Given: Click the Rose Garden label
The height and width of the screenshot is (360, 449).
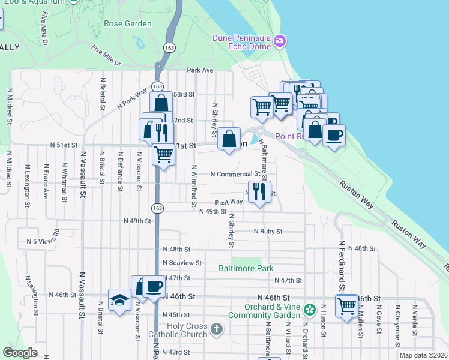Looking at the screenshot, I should (x=127, y=24).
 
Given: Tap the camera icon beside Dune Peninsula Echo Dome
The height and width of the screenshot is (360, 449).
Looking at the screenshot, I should (x=279, y=41).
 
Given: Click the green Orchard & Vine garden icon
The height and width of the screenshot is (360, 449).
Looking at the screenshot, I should (x=309, y=310).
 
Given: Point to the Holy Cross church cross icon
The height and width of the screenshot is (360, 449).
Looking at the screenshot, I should (x=216, y=329).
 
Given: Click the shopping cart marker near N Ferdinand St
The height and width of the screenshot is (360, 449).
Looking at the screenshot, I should (x=347, y=307).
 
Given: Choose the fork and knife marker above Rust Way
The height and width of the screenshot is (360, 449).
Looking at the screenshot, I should (x=259, y=192).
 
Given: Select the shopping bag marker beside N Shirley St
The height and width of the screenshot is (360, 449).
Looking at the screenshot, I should (x=229, y=139).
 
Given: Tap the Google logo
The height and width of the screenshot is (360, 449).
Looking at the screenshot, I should (x=20, y=353).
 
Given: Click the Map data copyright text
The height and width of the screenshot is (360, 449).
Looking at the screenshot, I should (x=423, y=355).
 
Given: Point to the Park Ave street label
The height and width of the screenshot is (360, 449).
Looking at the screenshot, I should (x=200, y=70).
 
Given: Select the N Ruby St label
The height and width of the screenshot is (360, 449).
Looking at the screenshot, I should (x=268, y=231).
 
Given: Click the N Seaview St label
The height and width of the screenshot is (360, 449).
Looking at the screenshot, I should (x=182, y=263).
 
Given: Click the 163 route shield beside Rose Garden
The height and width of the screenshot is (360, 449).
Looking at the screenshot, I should (x=170, y=46).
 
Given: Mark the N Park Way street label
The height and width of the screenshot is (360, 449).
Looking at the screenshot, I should (x=132, y=98).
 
